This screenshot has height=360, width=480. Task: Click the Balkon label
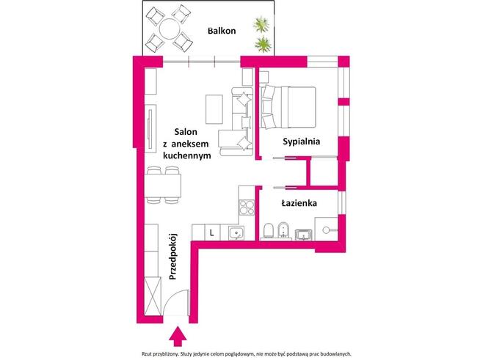point(222,31)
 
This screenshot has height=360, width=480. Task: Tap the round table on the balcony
point(170,29)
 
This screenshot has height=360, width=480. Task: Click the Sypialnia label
point(302,142)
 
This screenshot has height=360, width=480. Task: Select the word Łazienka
point(299,203)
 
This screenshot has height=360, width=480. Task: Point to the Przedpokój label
point(173,257)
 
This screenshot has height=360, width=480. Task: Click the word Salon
point(186,132)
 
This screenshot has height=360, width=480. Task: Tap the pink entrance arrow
point(178,337)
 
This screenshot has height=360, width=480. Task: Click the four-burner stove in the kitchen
point(247,207)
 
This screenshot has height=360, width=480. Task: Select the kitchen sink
point(236,233)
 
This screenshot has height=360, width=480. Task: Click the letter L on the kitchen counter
point(212,233)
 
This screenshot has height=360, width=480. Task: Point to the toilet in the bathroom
point(269,230)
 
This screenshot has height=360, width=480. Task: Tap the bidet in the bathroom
point(284,229)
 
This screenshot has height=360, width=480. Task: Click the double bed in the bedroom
point(288,107)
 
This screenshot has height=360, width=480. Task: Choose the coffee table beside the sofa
point(214,109)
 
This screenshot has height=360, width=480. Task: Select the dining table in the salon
point(162,185)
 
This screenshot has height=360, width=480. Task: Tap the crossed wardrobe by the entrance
point(153,296)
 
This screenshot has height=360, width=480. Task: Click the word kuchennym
point(187,155)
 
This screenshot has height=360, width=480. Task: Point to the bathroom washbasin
point(303,235)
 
